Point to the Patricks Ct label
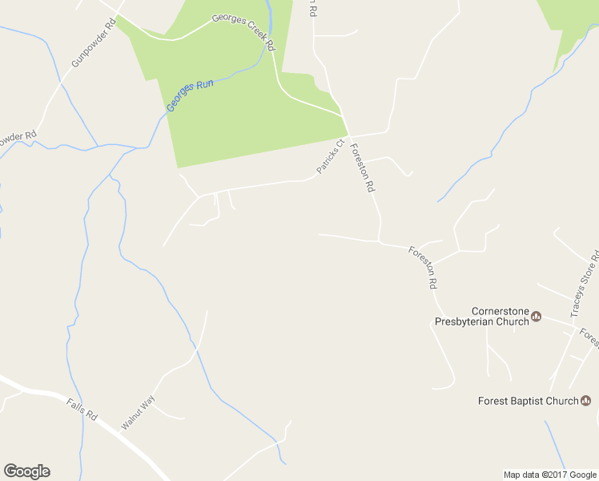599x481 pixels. [329, 156]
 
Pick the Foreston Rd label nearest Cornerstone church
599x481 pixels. [423, 267]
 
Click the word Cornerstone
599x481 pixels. [501, 311]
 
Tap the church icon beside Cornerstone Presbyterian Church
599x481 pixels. [537, 316]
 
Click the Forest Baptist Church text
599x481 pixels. [528, 401]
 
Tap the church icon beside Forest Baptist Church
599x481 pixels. [585, 401]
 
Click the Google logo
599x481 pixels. [26, 471]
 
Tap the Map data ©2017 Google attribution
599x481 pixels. [550, 475]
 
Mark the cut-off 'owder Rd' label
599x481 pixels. [18, 137]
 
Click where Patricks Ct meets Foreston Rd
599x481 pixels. [348, 135]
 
